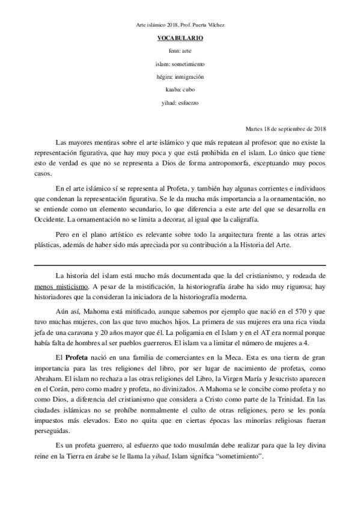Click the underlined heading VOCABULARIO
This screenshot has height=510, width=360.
click(180, 38)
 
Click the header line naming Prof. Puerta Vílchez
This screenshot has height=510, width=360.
click(180, 25)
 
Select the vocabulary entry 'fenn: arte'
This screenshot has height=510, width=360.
click(180, 51)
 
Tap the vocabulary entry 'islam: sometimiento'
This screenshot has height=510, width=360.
click(180, 64)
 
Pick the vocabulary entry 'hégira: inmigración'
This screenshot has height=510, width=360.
click(180, 77)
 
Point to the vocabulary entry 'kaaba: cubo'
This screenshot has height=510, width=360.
click(180, 90)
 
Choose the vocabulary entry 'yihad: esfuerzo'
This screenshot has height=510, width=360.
click(180, 103)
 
